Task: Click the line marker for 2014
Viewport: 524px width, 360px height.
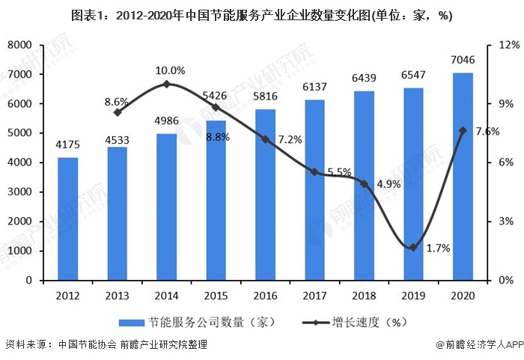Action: tap(166, 84)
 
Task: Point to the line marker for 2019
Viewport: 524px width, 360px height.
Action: tap(413, 247)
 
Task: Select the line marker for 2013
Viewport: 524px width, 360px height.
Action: tap(117, 112)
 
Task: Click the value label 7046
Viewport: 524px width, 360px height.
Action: tap(463, 59)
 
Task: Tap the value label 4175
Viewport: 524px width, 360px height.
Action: tap(67, 144)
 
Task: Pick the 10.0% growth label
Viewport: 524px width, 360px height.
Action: tap(170, 70)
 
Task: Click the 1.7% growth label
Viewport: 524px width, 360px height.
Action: tap(438, 248)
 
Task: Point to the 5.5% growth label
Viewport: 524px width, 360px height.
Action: tap(341, 171)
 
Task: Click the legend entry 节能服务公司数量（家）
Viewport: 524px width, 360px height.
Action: tap(198, 323)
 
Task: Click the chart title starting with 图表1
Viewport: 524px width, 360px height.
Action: tap(261, 15)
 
